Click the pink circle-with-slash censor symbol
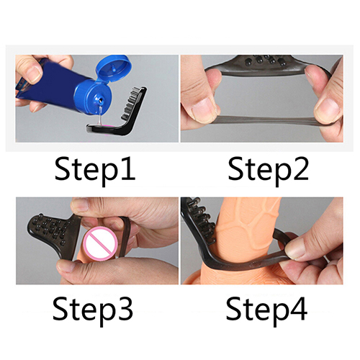100,244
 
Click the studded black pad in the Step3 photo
50,227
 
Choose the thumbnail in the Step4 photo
295,250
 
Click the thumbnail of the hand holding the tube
33,73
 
